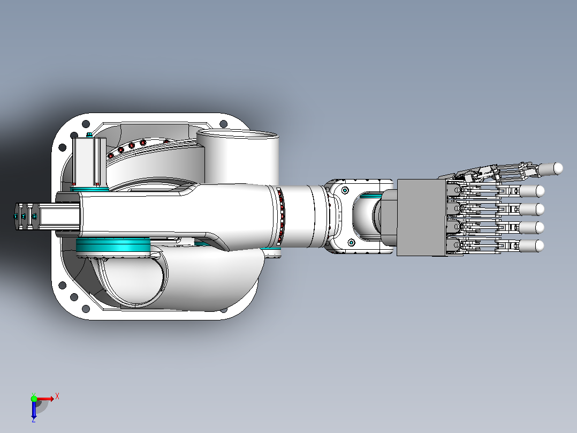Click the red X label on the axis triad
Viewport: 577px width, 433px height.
coord(57,397)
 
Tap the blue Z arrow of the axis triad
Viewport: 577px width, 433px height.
coord(34,410)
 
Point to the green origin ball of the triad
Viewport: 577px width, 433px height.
coord(34,399)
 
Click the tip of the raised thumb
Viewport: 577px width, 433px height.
coord(559,168)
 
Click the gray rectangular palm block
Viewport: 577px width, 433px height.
coord(422,218)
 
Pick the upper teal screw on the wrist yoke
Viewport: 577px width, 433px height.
coord(345,190)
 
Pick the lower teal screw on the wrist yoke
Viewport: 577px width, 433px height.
coord(351,242)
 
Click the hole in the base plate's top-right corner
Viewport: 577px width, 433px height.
coord(223,124)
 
